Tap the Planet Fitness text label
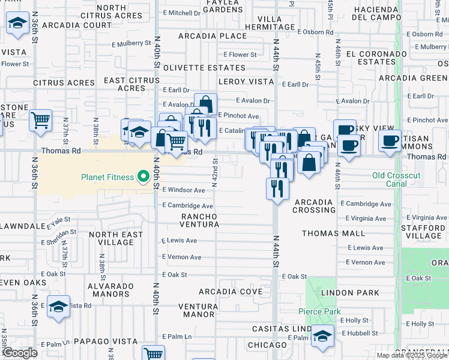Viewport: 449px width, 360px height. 108,176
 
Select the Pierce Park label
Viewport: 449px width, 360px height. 319,311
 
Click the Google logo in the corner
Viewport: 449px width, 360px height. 20,353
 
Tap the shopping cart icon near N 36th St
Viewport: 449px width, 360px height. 40,120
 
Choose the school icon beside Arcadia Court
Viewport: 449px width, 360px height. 18,23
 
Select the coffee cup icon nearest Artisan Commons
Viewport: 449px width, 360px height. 390,141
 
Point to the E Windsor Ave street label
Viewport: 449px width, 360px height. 184,190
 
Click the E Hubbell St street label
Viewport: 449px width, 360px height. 360,333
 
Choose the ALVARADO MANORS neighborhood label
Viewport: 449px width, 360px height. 111,289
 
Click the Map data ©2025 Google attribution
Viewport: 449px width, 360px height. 412,355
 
